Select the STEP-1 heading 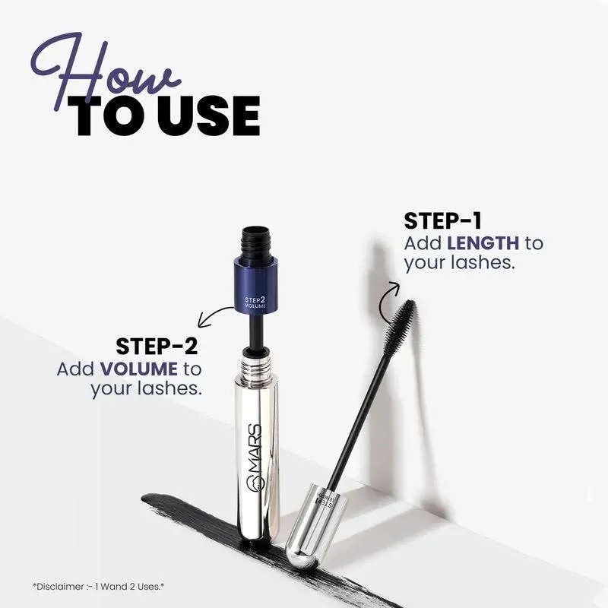click(442, 220)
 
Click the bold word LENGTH click(483, 243)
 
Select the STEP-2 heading click(157, 347)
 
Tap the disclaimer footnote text click(99, 587)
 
